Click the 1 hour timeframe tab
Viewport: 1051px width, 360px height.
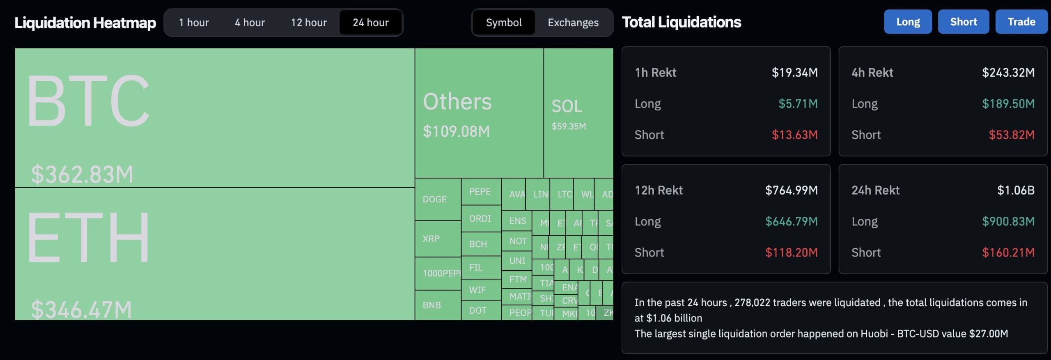(194, 23)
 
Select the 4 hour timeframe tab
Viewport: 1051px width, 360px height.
(250, 23)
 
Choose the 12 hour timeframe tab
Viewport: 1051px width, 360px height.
(309, 23)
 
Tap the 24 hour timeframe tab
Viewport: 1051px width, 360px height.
(370, 23)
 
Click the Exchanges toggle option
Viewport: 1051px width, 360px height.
(573, 23)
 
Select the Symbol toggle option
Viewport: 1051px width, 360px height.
(504, 23)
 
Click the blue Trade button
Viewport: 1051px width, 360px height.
(1021, 22)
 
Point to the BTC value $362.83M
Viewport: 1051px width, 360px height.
(82, 174)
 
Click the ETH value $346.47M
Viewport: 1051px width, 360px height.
(81, 310)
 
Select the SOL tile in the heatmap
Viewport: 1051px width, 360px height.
(578, 113)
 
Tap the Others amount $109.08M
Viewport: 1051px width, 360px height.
(456, 131)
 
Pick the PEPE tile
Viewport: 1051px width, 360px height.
(480, 192)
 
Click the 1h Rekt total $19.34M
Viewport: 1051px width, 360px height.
(794, 73)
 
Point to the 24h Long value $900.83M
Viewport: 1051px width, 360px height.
(1008, 222)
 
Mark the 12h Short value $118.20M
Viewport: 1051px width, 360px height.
(791, 252)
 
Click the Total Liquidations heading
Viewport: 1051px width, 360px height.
(681, 22)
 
